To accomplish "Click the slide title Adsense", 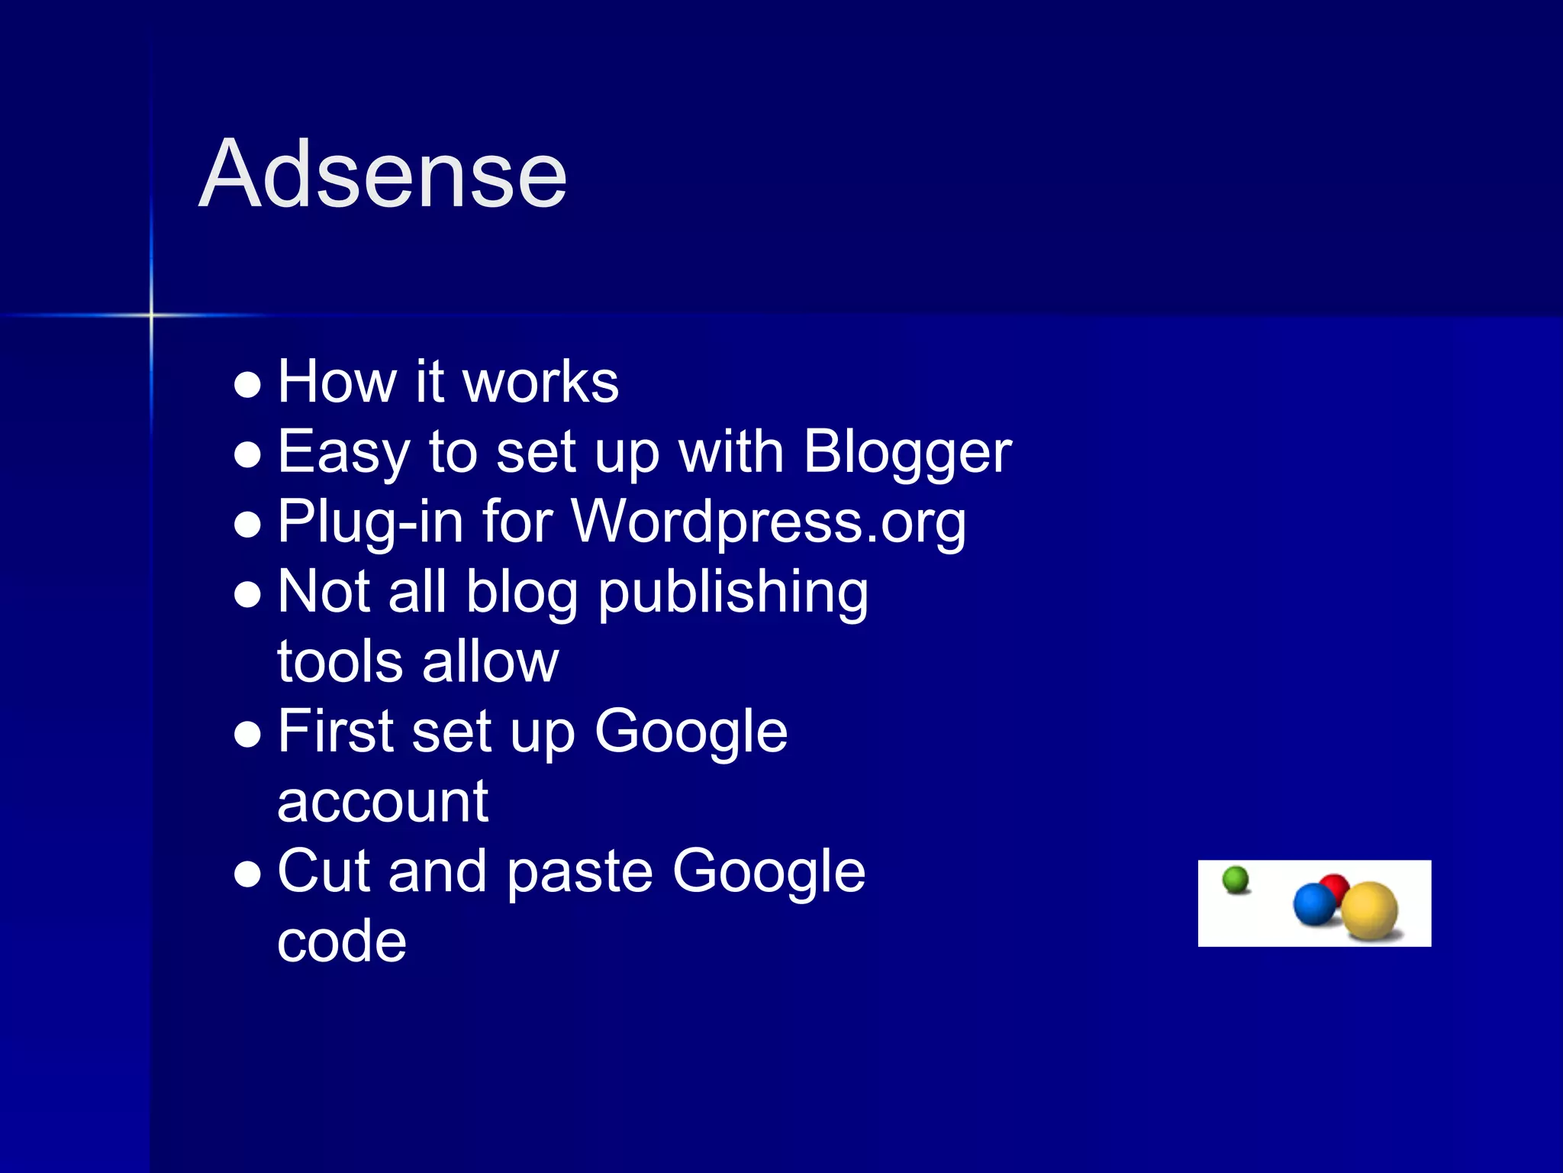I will coord(382,174).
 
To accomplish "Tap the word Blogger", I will coord(907,452).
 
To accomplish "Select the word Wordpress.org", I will coord(768,522).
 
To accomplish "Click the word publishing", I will coord(733,593).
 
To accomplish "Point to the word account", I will coord(382,802).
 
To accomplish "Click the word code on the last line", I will coord(341,942).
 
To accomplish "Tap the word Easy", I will coord(343,452).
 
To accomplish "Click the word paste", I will coord(579,872).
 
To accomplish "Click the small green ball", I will coord(1236,880).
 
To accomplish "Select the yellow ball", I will coord(1370,910).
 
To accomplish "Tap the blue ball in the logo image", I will coord(1314,904).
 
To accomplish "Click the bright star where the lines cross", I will coord(151,315).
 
